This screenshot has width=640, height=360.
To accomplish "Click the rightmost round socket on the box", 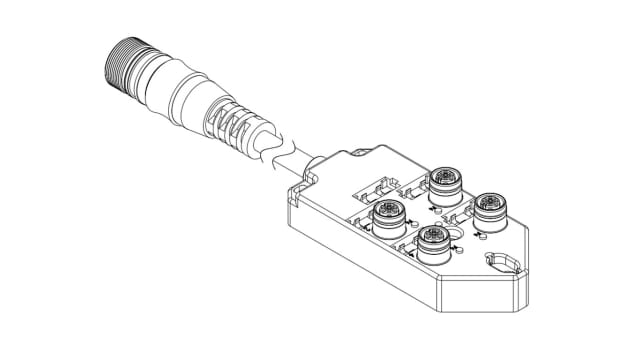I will pos(489,207).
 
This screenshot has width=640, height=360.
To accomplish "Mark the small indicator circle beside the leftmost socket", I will pos(369,233).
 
